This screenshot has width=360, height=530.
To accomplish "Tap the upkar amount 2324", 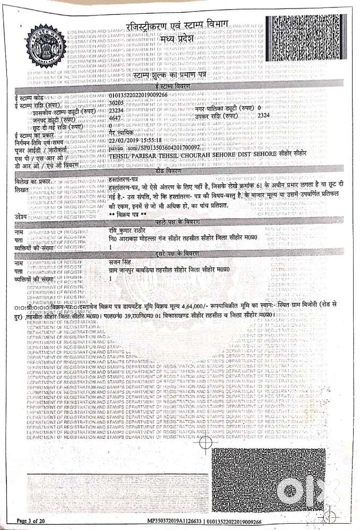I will click(265, 114).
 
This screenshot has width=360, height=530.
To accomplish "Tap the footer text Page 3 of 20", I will click(38, 522).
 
